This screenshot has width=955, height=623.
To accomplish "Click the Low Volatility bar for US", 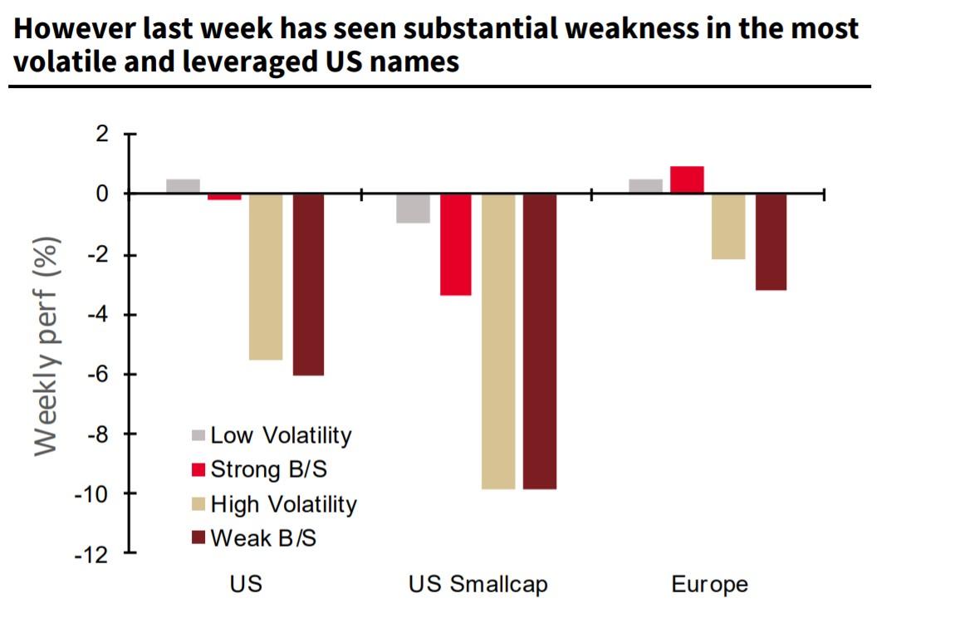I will point(183,186).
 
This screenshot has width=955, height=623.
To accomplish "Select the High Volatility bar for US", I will point(266,277).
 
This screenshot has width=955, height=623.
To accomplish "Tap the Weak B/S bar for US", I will point(308,284).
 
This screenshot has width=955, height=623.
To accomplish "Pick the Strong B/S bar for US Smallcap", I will point(456,244).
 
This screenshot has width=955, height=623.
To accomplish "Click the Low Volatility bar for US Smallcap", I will point(414,208).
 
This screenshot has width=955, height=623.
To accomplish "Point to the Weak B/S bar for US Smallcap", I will point(540,341).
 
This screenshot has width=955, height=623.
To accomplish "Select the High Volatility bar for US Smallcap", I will point(498,341).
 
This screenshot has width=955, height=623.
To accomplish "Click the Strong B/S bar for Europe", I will point(687,180).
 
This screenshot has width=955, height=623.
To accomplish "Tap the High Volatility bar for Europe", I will point(728,227).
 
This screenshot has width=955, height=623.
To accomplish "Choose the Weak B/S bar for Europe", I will point(771,242).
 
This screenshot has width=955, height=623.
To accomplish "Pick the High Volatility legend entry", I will point(274,504).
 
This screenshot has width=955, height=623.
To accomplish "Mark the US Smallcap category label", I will point(477,584).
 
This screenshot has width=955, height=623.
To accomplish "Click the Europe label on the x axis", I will point(709,584).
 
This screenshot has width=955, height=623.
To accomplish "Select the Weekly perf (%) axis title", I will point(48,346).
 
